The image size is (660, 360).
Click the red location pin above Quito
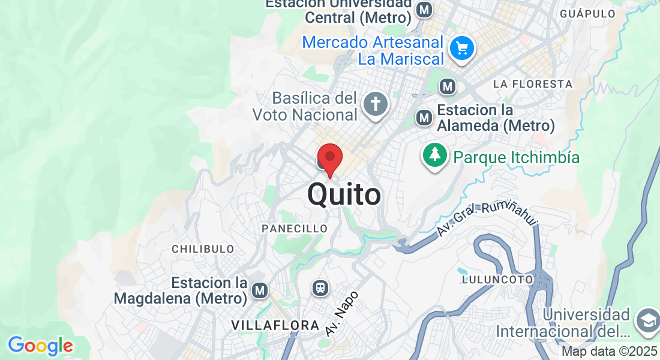[329, 158]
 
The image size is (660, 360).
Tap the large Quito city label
[344, 195]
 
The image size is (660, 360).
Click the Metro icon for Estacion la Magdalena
[259, 291]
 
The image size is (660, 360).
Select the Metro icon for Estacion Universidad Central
[425, 10]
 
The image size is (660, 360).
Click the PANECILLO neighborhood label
[295, 229]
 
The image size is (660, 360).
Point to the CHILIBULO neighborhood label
[203, 248]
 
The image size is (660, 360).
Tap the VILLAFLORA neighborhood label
[275, 325]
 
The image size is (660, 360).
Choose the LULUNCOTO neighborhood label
[497, 279]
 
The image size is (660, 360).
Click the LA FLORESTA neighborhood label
[533, 84]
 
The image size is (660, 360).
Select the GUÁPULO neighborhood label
[587, 13]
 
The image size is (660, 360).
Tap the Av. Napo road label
[342, 313]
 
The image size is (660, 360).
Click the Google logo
[40, 346]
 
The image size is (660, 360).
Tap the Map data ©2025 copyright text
[609, 352]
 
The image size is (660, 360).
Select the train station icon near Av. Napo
[321, 288]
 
